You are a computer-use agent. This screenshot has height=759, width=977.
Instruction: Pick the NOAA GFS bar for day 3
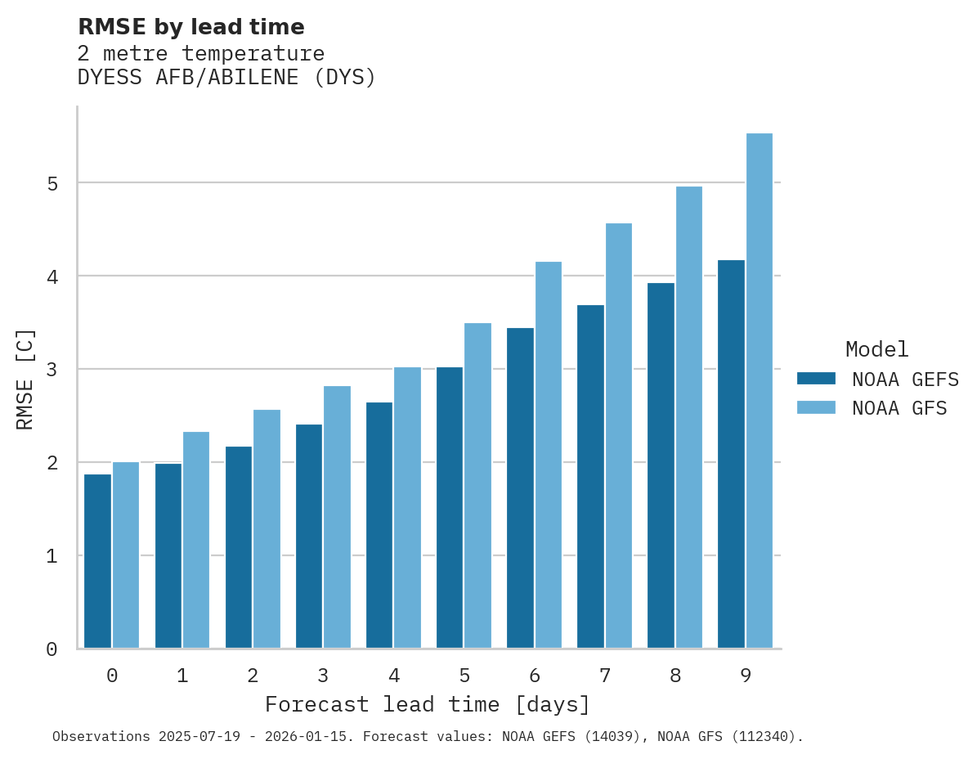pyautogui.click(x=337, y=517)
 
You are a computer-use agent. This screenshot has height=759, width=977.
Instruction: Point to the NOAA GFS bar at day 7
pyautogui.click(x=619, y=436)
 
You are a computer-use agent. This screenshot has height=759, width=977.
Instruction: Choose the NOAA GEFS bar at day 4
pyautogui.click(x=379, y=525)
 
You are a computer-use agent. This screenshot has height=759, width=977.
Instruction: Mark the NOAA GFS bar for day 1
pyautogui.click(x=196, y=540)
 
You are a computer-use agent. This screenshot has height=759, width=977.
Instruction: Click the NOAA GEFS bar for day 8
pyautogui.click(x=661, y=465)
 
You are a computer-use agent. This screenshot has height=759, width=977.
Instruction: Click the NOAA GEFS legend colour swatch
pyautogui.click(x=816, y=379)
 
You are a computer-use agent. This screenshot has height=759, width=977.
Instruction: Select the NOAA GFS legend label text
pyautogui.click(x=899, y=408)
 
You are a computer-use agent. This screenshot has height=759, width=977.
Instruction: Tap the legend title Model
pyautogui.click(x=877, y=350)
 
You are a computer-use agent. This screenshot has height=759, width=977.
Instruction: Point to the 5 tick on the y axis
pyautogui.click(x=52, y=183)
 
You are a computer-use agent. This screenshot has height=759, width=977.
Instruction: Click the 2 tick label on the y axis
pyautogui.click(x=52, y=463)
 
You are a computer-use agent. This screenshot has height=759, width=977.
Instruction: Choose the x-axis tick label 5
pyautogui.click(x=464, y=676)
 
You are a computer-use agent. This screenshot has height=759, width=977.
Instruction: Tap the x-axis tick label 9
pyautogui.click(x=746, y=676)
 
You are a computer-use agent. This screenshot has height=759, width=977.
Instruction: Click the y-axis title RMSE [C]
pyautogui.click(x=25, y=379)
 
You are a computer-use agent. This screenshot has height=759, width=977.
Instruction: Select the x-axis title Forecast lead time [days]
pyautogui.click(x=428, y=704)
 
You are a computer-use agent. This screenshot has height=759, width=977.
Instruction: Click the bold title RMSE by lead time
pyautogui.click(x=191, y=27)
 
